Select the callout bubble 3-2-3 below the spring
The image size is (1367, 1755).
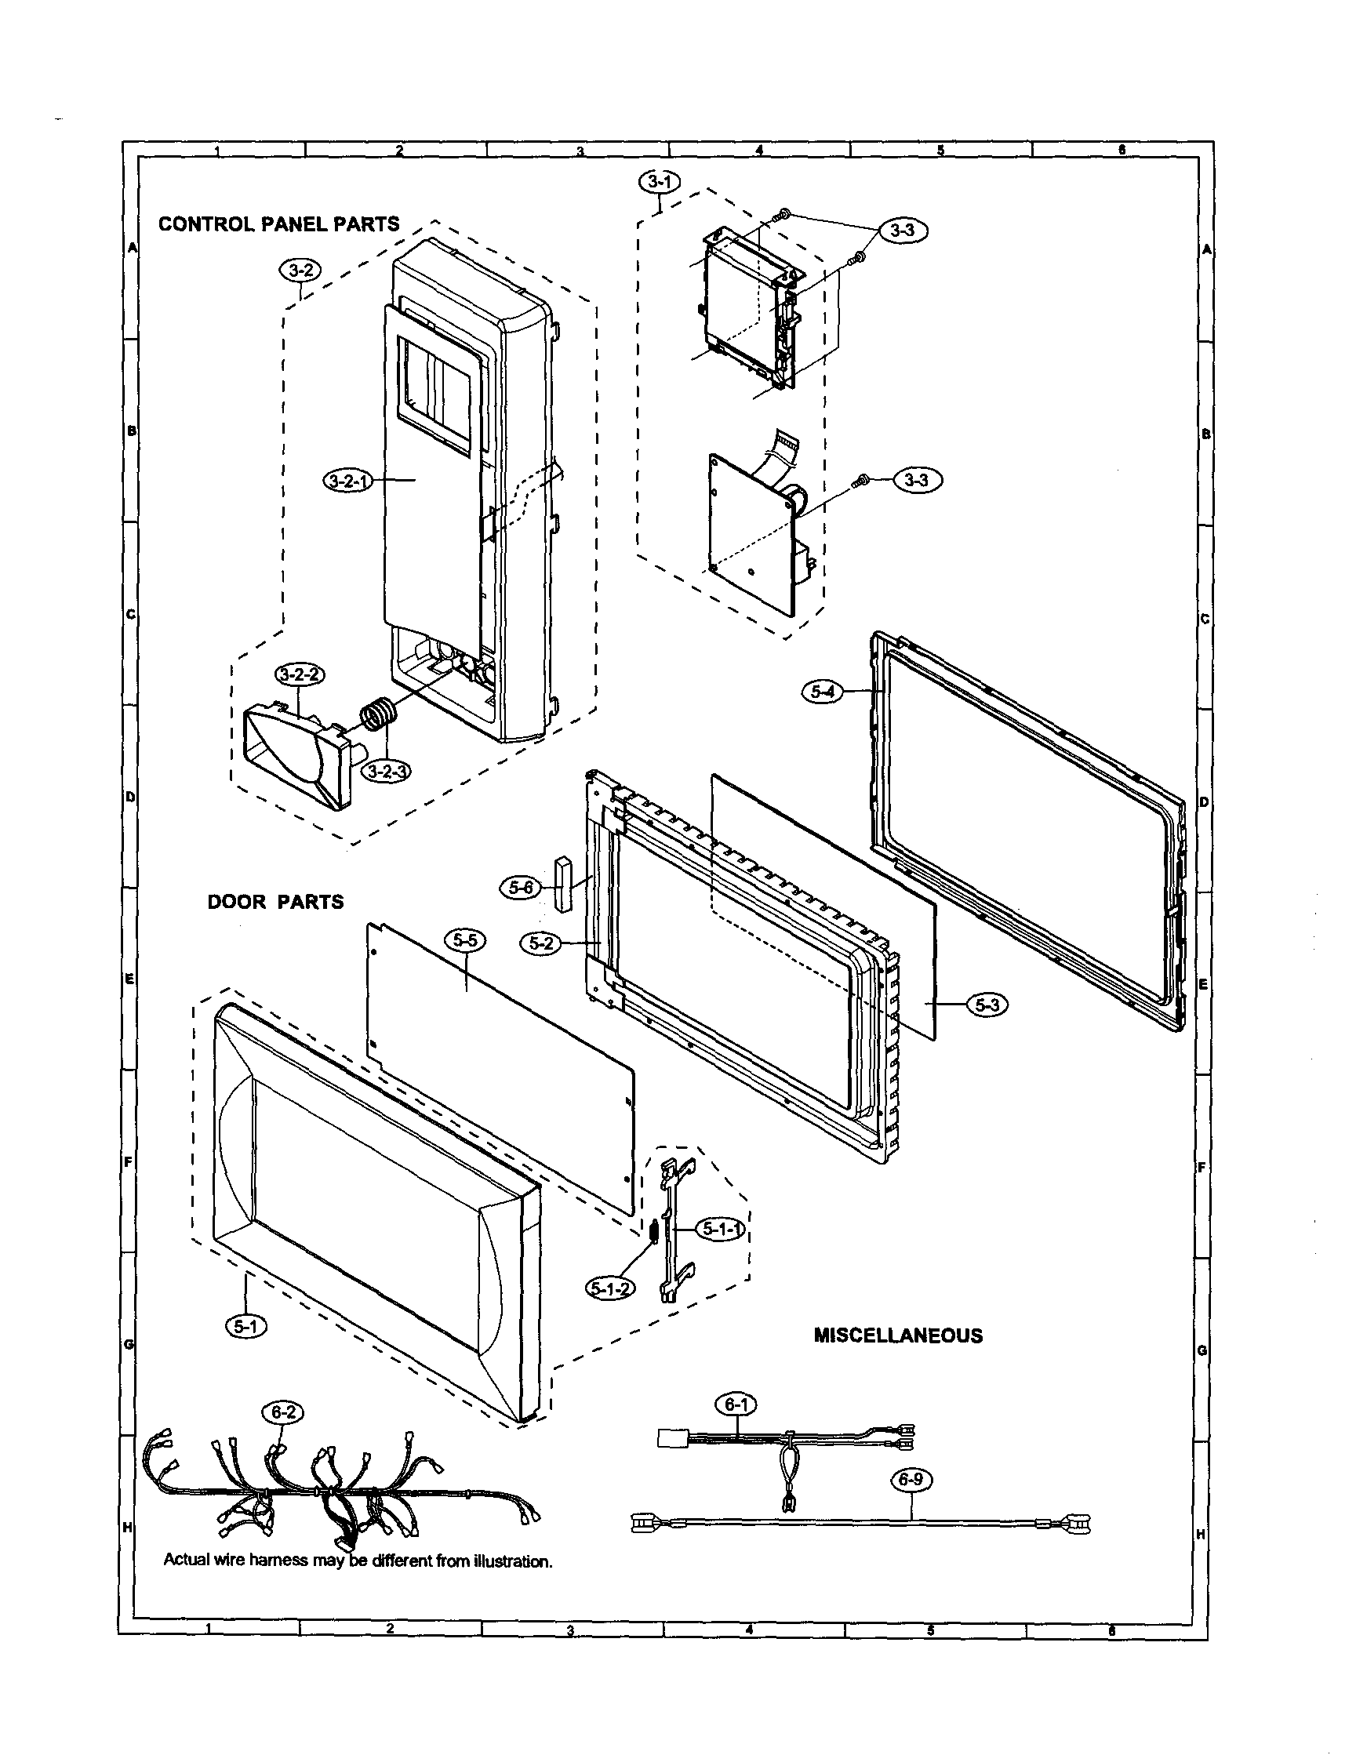point(387,772)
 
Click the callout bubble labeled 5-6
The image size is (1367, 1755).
point(520,888)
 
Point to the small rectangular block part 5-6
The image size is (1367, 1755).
point(561,882)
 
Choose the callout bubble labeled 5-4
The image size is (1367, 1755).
point(823,692)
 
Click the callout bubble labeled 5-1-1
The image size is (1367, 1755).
point(722,1230)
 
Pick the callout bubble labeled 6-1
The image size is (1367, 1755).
point(736,1404)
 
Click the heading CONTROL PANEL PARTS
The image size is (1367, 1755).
point(279,224)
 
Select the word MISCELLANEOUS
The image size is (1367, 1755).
point(898,1335)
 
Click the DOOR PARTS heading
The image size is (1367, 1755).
point(275,902)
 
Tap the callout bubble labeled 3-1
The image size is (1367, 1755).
point(659,183)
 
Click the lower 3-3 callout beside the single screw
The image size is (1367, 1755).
point(915,481)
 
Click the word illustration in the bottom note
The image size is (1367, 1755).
point(512,1561)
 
